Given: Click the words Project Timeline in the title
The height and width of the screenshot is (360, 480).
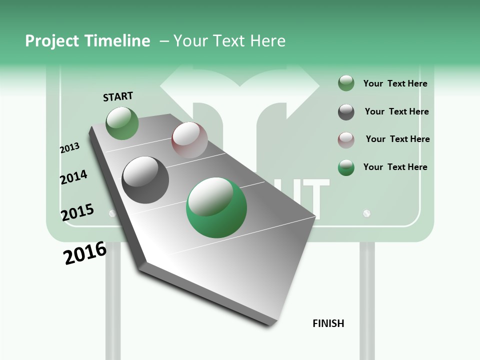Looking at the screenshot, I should coord(87,41).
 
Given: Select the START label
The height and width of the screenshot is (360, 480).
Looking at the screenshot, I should coord(118,96).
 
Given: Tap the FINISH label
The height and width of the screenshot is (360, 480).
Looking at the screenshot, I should coord(328,323).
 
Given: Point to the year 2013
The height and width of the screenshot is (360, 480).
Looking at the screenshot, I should coord(70,147).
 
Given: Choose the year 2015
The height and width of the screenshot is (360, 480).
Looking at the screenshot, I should coord(77,212).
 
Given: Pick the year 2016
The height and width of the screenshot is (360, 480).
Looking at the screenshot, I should coord(85,253).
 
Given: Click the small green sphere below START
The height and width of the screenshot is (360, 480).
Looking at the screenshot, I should coord(122,123).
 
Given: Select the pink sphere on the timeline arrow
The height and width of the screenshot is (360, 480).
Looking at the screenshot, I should coord(189,140).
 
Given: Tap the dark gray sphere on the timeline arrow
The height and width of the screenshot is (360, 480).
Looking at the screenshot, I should coord(145,180).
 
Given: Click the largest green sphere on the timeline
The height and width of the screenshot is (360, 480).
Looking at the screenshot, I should coord(216,207).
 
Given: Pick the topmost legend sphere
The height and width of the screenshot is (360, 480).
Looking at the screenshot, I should coord(346,83).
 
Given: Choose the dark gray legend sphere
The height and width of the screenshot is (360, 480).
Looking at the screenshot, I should coord(346,112).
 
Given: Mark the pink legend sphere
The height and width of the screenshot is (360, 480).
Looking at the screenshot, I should coord(346,139).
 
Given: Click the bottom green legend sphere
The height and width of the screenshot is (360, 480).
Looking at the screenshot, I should coord(346,167).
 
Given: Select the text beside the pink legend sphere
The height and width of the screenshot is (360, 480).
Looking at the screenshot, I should coord(397,139).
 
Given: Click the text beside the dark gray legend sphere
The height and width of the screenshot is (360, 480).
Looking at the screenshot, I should coord(396,111).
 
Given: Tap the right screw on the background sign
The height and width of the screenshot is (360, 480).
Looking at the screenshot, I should coord(367,213).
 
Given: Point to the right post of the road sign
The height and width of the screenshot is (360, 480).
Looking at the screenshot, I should coord(367,300).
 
